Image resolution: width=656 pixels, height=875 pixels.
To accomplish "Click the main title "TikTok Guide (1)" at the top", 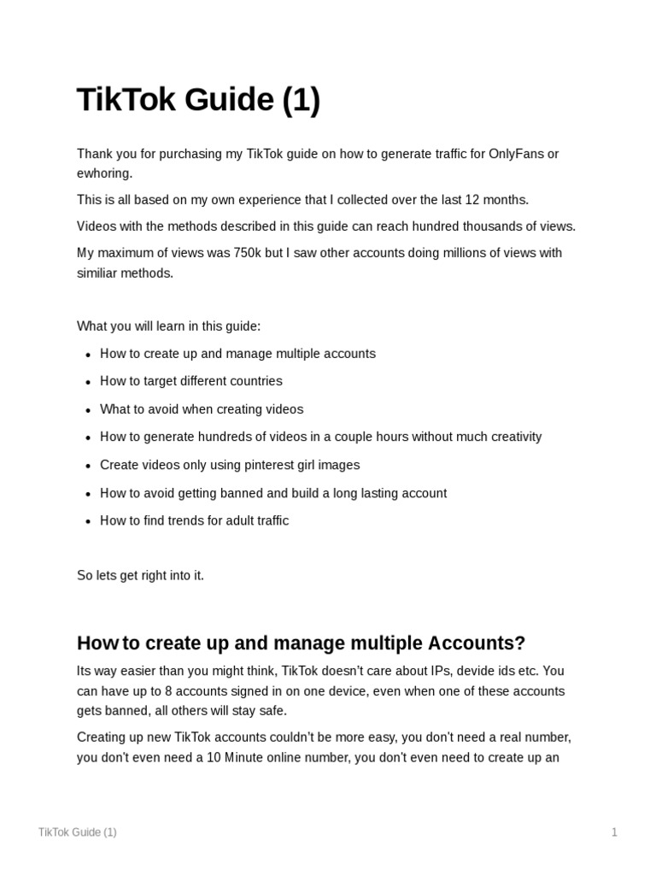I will coord(198,100).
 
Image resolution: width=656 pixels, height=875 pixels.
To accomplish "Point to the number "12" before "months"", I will coord(472,200).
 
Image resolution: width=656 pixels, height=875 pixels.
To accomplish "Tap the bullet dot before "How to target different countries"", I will coord(88,382).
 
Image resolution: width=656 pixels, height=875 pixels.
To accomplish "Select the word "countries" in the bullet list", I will coord(255,381).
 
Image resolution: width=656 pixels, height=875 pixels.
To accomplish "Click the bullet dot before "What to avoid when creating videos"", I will coord(88,410).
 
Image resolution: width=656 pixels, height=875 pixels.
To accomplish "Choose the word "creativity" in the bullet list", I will coord(512,437).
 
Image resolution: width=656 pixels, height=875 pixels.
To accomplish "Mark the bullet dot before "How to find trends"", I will coord(88,521).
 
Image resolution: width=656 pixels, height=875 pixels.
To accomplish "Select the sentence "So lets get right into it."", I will coord(140,575).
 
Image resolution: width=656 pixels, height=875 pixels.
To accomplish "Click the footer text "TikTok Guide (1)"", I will coord(78,832).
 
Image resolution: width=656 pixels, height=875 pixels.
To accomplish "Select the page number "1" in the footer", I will coord(613,832).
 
